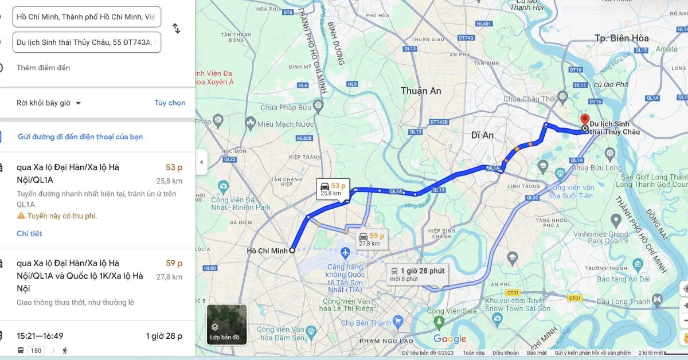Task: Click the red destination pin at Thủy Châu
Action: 584,120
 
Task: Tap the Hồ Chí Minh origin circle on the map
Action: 292,251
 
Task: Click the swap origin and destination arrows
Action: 177,29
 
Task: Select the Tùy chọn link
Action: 170,103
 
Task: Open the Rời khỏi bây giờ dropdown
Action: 49,103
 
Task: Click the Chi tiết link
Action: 29,233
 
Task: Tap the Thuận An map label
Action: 421,91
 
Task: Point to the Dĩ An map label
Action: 482,135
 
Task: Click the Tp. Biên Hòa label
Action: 621,38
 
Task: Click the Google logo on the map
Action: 450,339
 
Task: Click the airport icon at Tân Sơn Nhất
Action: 345,252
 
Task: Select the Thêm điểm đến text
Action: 44,68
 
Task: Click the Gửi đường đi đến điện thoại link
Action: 80,136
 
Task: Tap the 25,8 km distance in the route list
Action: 169,181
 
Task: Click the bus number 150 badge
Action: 36,350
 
